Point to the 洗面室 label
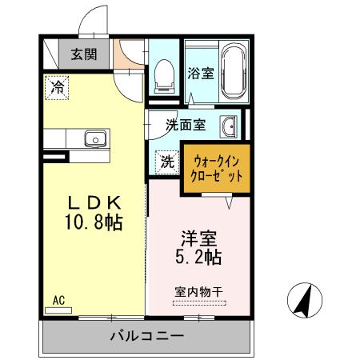(x=186, y=125)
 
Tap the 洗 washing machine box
(x=167, y=161)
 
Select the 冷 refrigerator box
(x=58, y=86)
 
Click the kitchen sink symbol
(x=94, y=139)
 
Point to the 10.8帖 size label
(x=93, y=222)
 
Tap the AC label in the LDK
(x=58, y=300)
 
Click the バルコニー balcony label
(x=146, y=336)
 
